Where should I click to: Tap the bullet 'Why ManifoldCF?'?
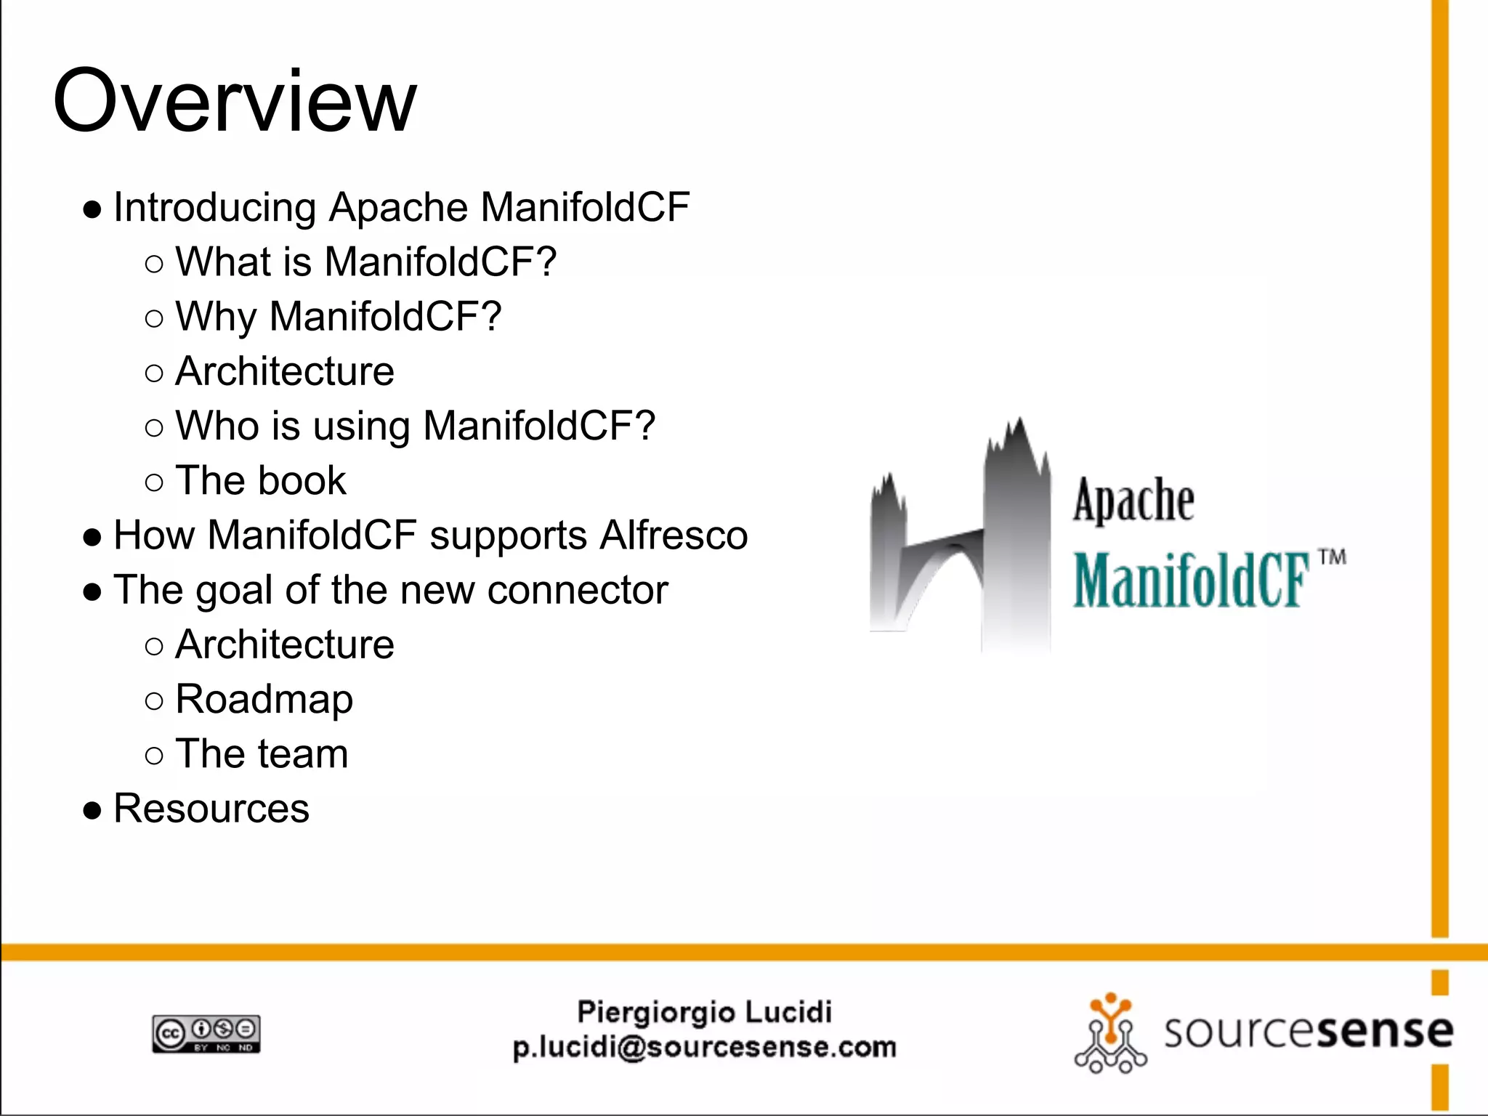coord(338,317)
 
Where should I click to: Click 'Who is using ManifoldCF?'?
coord(415,426)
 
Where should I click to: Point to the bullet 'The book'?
coord(261,481)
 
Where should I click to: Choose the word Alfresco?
coord(674,535)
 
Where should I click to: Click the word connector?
coord(578,590)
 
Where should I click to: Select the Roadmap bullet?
coord(264,700)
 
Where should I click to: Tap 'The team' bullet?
coord(262,754)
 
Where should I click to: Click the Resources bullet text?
coord(211,809)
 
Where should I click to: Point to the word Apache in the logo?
coord(1133,501)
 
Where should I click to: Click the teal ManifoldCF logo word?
coord(1192,580)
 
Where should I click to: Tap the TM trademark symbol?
coord(1332,558)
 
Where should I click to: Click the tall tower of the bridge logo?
coord(1017,538)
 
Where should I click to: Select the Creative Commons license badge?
coord(206,1034)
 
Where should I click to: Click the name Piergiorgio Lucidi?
coord(704,1012)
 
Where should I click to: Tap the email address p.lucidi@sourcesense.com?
coord(704,1048)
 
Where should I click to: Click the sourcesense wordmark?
coord(1308,1032)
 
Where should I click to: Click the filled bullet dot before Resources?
coord(92,810)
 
